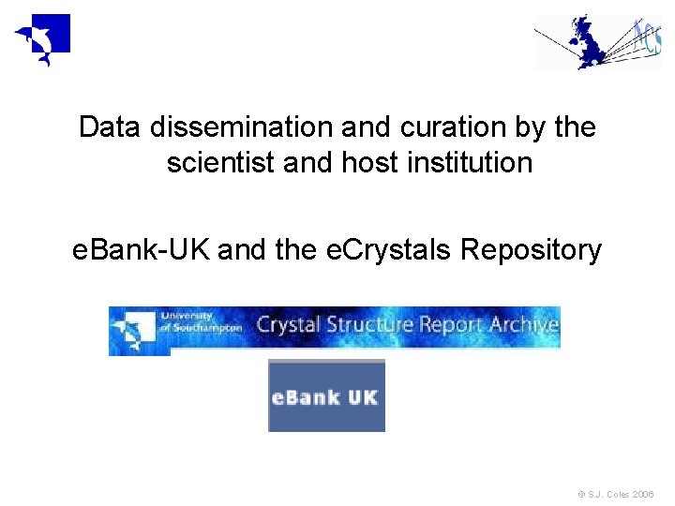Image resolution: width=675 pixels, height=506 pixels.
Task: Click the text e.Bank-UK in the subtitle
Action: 141,250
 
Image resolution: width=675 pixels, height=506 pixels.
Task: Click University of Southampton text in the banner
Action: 200,322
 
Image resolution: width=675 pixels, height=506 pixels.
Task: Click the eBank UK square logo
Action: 326,395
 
